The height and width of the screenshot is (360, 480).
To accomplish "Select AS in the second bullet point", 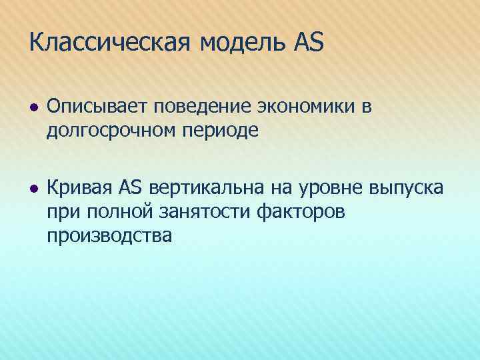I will pos(132,189).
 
